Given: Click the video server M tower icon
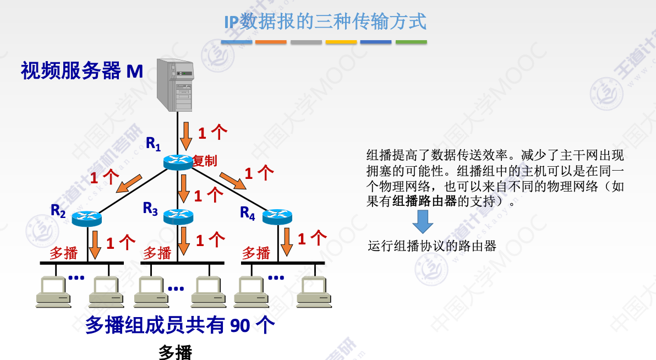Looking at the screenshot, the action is tap(176, 84).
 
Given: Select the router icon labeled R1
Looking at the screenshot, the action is tap(177, 161).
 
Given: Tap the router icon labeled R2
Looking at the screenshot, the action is tap(87, 217).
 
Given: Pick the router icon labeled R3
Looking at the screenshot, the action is tap(179, 215).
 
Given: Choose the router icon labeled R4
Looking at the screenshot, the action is tap(275, 216).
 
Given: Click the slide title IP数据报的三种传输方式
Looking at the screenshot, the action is tap(325, 22).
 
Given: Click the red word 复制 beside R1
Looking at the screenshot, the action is tap(205, 161).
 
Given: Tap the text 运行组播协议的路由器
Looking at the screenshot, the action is tap(432, 246).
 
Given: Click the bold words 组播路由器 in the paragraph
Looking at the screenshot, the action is tap(424, 201).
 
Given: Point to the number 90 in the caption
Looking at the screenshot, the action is tap(240, 326).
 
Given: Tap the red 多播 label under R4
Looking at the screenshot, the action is tap(256, 253).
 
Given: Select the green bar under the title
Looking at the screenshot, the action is tap(411, 42).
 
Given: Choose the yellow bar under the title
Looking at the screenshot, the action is tap(341, 42).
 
